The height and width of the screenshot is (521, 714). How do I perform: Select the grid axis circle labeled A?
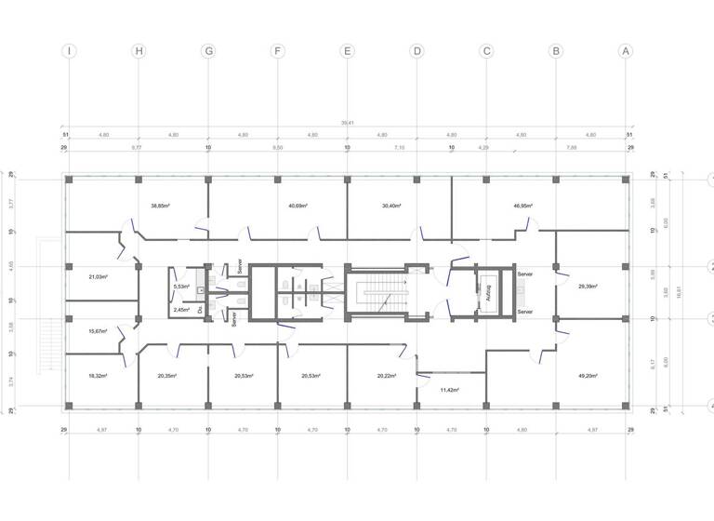click(626, 51)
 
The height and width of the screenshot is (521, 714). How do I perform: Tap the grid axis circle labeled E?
click(347, 51)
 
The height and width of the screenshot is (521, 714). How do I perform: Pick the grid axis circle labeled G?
click(207, 51)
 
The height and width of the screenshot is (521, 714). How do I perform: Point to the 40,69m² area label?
click(297, 206)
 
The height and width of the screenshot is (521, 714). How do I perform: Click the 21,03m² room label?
click(98, 276)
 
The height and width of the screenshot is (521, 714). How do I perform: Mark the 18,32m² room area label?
click(98, 376)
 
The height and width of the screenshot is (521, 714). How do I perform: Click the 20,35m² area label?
click(167, 376)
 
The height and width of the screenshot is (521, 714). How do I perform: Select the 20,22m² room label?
click(389, 376)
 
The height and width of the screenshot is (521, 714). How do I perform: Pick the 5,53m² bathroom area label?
click(181, 287)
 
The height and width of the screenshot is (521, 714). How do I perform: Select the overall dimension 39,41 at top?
click(347, 122)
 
